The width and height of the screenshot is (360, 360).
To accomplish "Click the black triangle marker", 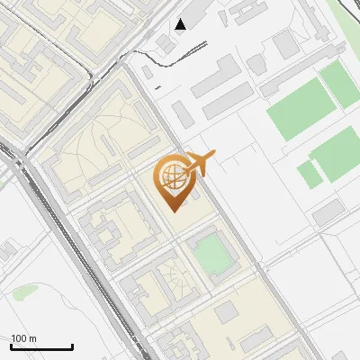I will tap(181, 24).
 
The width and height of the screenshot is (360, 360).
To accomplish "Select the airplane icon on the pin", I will tap(197, 165).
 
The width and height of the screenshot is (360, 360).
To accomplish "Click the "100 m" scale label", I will tap(24, 338).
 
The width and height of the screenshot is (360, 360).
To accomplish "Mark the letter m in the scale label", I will tap(32, 338).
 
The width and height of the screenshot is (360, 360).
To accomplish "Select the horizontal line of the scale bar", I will tap(41, 347).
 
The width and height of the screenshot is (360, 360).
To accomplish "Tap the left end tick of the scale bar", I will tap(11, 346).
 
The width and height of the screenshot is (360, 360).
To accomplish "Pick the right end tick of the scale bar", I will tap(72, 346).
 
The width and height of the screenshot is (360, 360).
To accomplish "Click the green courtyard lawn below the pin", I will tap(214, 253).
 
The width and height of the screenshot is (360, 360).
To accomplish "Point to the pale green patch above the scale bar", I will tap(24, 291).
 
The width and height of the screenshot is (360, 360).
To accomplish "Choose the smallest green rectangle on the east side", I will tap(309, 174).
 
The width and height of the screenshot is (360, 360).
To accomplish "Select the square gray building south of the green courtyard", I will tap(226, 310).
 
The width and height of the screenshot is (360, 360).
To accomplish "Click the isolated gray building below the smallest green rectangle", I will tap(328, 213).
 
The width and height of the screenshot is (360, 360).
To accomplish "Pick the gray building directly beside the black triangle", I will tap(164, 42).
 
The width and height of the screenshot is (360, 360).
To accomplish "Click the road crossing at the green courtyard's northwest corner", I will tap(186, 237).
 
